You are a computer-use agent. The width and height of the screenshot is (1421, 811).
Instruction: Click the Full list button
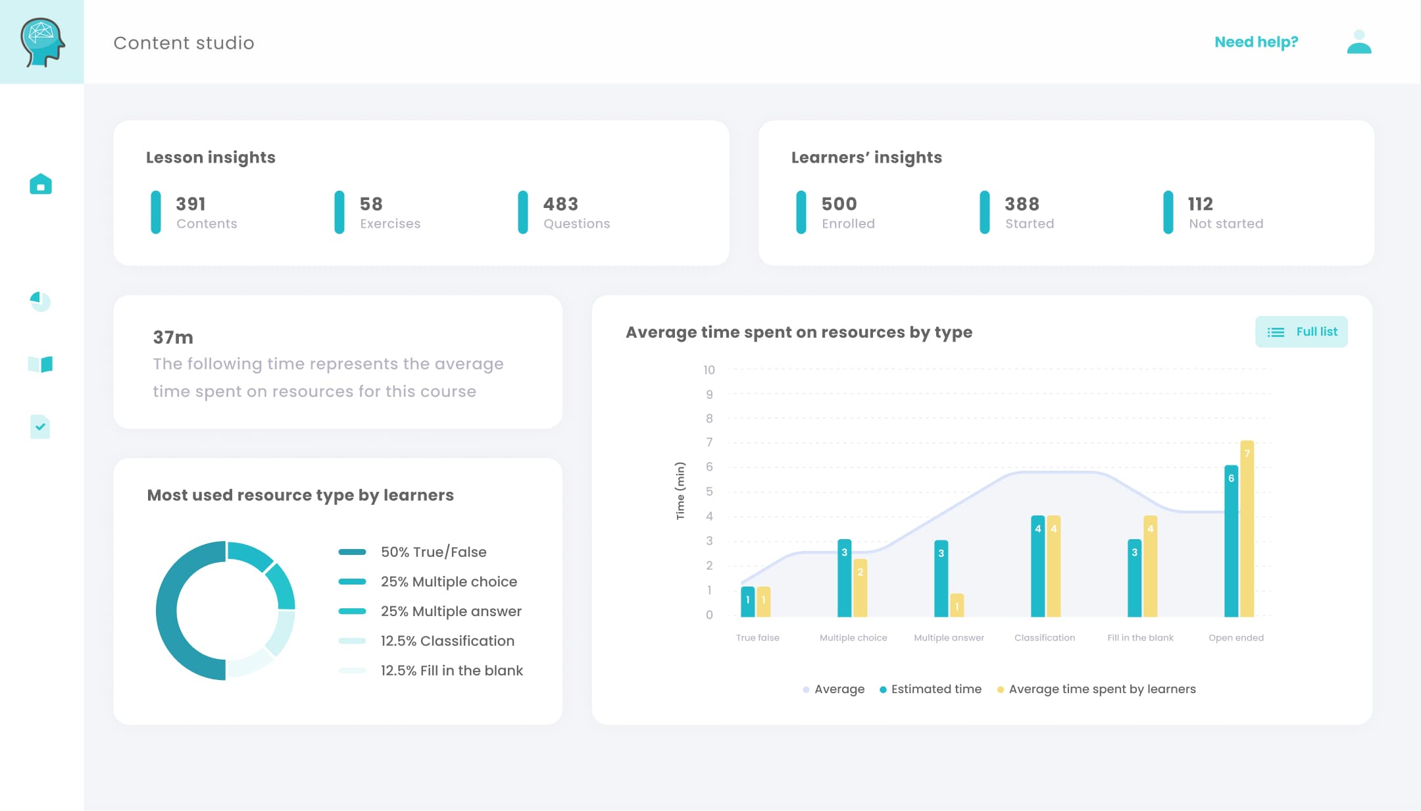1301,332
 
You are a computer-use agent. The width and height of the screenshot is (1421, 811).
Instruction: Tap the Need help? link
1256,42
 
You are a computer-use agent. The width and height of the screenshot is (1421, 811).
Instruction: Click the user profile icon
1359,42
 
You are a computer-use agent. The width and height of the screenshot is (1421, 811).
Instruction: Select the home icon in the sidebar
41,184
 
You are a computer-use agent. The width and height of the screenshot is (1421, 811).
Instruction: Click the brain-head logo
42,42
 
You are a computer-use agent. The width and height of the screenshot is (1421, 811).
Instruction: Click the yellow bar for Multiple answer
957,605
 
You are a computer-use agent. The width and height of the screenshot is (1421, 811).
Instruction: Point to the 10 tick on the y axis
709,370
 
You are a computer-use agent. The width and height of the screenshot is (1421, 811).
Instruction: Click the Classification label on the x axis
1044,637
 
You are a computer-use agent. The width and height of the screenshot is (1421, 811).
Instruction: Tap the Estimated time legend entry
930,689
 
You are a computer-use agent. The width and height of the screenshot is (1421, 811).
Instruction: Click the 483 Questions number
561,204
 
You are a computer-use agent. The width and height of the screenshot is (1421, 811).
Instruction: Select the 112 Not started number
1200,204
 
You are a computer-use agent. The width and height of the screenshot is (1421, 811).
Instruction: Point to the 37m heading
173,338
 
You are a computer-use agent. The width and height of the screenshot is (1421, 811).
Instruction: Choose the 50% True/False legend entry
433,552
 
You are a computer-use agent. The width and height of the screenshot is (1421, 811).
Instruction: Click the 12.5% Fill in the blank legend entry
451,670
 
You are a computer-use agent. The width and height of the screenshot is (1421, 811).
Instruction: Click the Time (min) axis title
680,491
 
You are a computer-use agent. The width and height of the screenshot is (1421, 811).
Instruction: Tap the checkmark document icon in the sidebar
40,427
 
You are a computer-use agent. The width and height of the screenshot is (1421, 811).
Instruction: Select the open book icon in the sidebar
41,364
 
